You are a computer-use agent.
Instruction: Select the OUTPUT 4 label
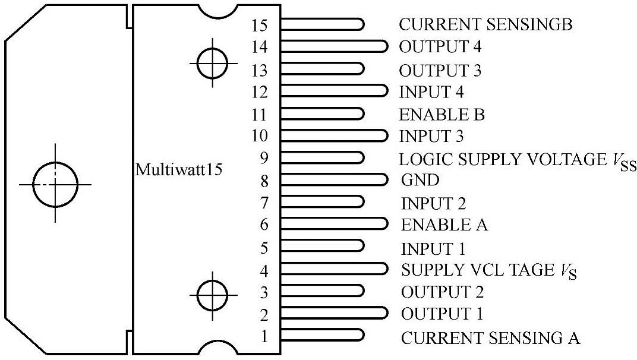440,47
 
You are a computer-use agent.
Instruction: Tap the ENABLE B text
442,114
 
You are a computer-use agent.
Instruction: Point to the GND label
421,180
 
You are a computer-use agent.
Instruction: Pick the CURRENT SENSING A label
490,338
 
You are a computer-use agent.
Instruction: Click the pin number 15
260,25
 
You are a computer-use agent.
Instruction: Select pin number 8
265,180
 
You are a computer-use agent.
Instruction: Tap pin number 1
265,337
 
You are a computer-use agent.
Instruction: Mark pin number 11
260,114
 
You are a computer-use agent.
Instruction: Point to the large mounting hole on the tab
55,184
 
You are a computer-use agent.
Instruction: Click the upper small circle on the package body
213,62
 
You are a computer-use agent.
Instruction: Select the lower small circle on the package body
213,293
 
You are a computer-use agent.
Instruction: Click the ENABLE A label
444,225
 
